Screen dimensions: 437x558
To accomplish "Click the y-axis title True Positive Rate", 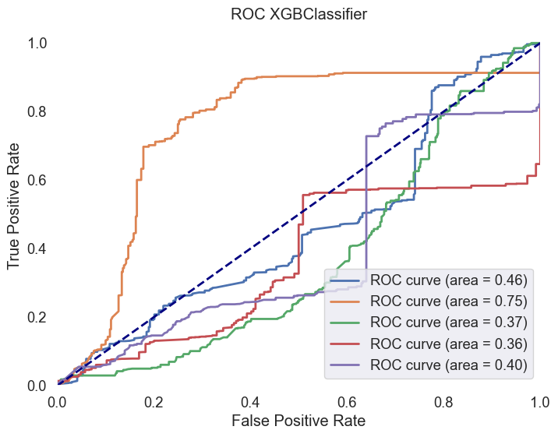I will (15, 214).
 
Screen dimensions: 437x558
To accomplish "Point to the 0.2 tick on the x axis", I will (154, 401).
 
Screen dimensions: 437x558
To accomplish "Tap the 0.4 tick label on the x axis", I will (251, 401).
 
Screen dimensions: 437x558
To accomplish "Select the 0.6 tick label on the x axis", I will (348, 401).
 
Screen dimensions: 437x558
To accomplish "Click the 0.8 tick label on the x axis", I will (444, 401).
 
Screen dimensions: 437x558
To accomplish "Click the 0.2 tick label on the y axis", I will (37, 317).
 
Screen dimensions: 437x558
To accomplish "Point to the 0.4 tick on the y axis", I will (37, 248).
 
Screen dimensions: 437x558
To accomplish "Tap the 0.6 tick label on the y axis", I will (37, 180).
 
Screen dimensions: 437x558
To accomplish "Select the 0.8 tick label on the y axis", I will (37, 111).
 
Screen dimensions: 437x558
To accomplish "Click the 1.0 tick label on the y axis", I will (37, 43).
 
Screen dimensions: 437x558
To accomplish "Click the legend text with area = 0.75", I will (450, 301).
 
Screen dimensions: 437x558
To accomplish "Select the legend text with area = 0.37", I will (450, 322).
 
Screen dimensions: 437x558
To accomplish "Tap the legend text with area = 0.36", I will (450, 343).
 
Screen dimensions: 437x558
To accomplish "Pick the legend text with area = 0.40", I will (450, 364).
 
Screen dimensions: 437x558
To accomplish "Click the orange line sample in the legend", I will (348, 301).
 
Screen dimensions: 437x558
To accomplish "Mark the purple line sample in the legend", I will (348, 364).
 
